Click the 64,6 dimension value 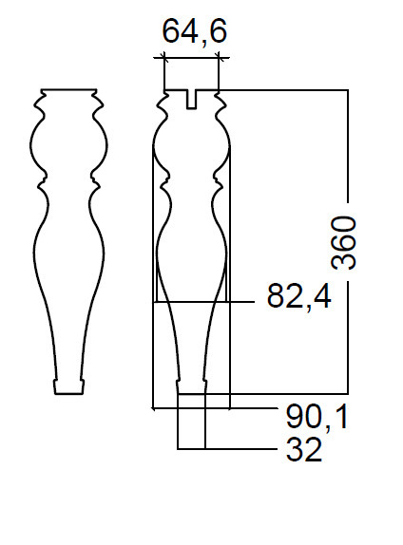click(195, 31)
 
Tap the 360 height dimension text click(344, 242)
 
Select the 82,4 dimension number click(299, 296)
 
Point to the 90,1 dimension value click(317, 417)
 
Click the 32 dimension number click(304, 449)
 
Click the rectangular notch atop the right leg click(191, 100)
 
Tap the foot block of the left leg click(68, 386)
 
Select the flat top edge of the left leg click(68, 89)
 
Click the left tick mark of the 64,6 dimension click(163, 57)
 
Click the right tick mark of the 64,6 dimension click(219, 57)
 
